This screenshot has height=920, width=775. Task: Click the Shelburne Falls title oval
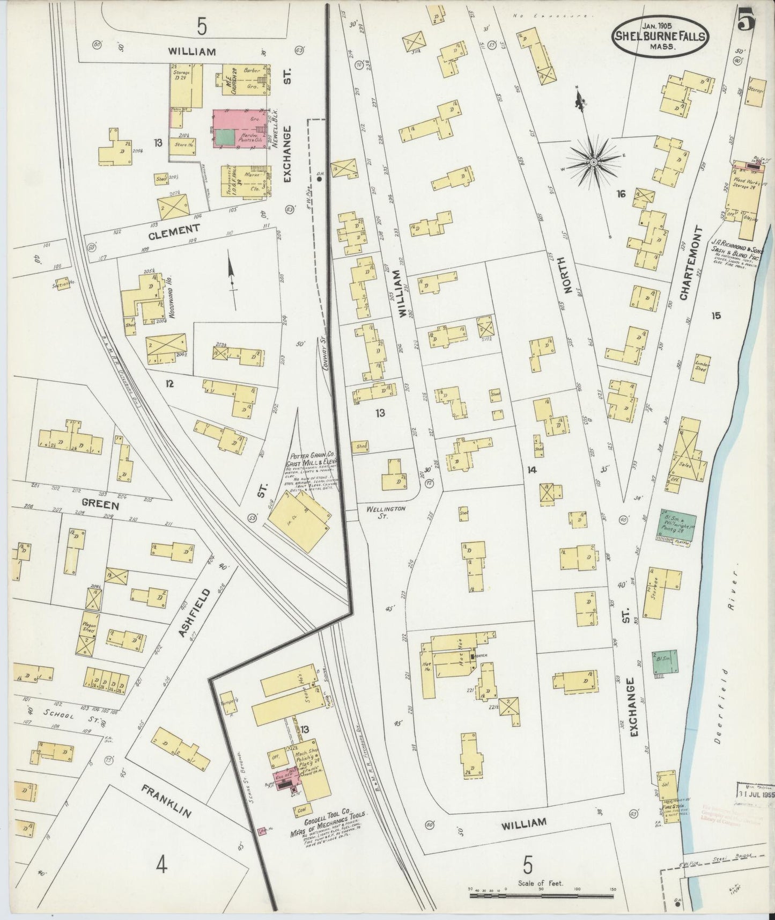(x=660, y=36)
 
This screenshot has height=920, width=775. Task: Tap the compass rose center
(x=594, y=161)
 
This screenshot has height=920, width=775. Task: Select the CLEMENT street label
(x=174, y=230)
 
